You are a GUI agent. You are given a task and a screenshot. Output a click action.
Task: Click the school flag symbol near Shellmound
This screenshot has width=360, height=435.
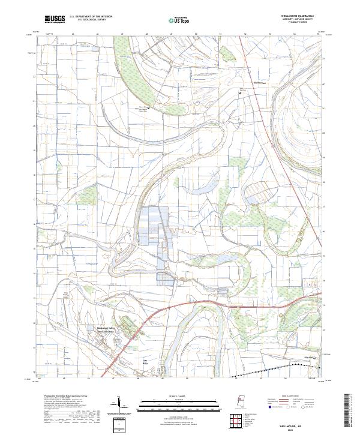tap(241, 93)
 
